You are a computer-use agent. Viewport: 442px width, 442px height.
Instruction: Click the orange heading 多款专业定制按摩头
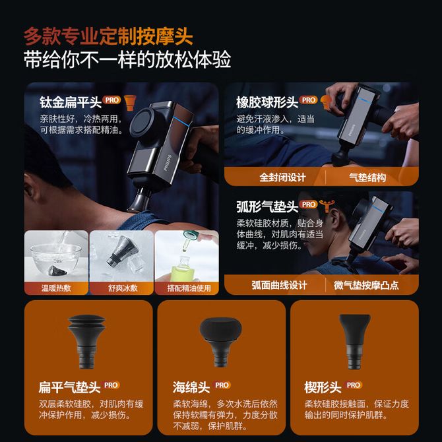[108, 36]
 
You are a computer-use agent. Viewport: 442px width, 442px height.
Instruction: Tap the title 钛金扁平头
[71, 102]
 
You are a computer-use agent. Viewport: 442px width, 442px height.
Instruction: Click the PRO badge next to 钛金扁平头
[111, 100]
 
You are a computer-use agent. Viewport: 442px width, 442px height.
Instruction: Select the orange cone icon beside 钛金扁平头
[130, 103]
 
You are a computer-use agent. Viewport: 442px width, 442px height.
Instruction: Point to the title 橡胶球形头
[267, 102]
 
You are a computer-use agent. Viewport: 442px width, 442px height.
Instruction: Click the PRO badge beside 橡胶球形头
[308, 100]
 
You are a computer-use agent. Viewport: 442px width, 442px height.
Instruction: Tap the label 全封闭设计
[282, 177]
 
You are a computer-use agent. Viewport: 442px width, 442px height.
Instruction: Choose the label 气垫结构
[367, 177]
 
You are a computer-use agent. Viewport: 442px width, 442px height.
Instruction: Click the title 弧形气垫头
[267, 206]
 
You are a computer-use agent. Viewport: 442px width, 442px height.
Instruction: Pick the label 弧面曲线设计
[279, 285]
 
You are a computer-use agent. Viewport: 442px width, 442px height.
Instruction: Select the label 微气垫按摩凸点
[366, 285]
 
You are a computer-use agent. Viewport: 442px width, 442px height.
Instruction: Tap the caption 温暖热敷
[56, 288]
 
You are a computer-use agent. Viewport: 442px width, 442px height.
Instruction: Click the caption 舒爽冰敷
[123, 288]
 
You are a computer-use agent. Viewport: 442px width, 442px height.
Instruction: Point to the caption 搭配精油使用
[189, 288]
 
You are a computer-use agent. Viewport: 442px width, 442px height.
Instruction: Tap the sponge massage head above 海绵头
[221, 341]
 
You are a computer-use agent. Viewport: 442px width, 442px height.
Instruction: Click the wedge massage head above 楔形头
[354, 341]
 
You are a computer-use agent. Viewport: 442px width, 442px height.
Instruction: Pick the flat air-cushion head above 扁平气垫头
[87, 341]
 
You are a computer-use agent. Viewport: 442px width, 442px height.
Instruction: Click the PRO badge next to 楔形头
[353, 385]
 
